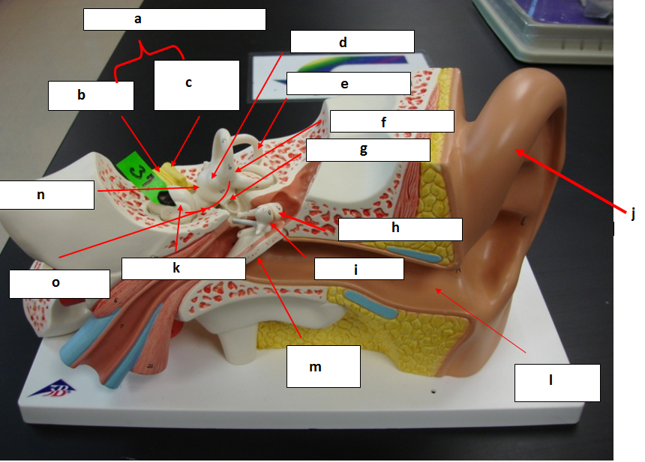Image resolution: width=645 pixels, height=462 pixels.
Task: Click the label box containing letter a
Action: coord(174,19)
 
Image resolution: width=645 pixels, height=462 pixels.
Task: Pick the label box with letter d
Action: coord(352,42)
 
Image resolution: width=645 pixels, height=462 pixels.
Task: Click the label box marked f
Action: coord(391,121)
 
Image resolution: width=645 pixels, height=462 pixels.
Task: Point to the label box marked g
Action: coord(367,149)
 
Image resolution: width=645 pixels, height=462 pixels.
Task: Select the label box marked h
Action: coord(399,229)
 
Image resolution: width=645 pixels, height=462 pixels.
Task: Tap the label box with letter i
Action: coord(357,269)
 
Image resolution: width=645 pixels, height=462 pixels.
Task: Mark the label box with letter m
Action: coord(323,366)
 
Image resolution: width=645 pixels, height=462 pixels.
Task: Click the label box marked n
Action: coord(46,195)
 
